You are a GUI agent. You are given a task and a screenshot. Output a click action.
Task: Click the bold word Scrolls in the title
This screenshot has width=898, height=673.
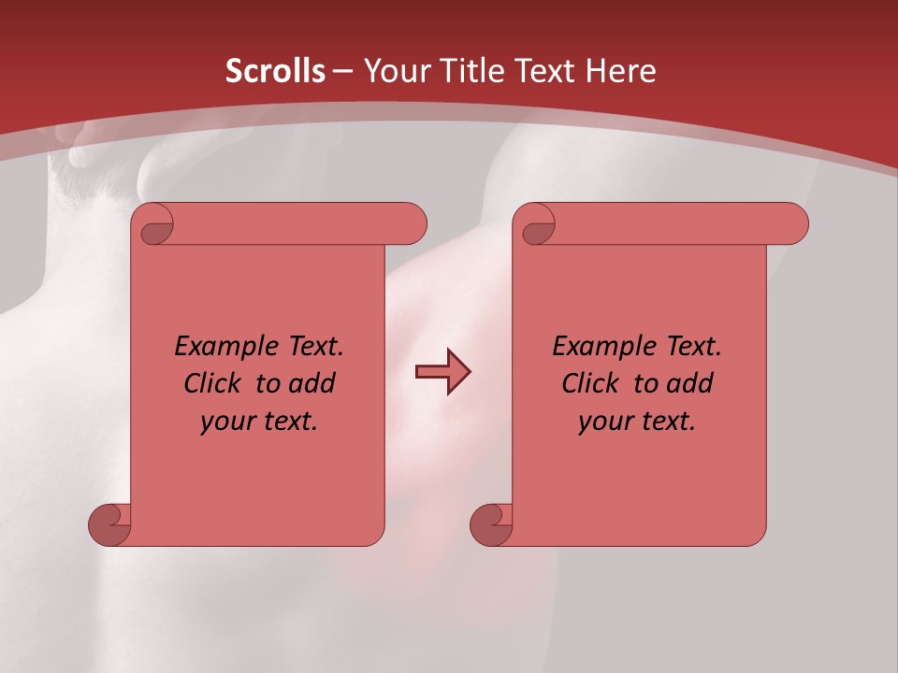[x=275, y=71]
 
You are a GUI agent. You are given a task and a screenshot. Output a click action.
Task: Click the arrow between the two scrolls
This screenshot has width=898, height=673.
[x=442, y=372]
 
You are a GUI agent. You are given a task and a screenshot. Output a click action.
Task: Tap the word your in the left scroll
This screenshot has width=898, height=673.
[x=225, y=422]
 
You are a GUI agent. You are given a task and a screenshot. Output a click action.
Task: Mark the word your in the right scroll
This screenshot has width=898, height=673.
[x=603, y=422]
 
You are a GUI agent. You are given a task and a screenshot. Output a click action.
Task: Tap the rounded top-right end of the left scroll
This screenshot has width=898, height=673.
[x=412, y=223]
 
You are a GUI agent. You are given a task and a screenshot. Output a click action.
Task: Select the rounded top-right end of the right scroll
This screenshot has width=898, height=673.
[x=793, y=223]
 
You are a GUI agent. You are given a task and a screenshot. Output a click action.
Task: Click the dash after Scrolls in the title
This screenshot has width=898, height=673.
[x=342, y=72]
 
